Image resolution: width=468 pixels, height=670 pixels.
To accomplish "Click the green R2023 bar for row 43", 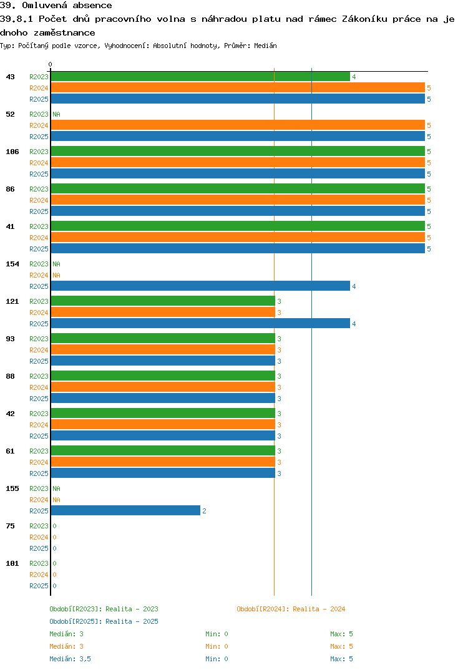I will point(200,77).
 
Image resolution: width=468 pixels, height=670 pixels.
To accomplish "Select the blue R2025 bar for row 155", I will point(125,511).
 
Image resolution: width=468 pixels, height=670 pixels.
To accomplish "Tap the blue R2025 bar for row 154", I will point(200,286).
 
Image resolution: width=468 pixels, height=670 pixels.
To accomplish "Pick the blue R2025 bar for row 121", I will point(200,324).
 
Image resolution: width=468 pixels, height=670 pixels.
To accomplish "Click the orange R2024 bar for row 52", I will point(237,125).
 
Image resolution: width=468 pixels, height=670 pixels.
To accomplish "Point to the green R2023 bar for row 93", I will point(162,339).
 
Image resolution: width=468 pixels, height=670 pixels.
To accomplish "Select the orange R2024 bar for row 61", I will point(162,462).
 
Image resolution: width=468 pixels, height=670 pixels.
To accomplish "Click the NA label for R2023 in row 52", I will point(56,114).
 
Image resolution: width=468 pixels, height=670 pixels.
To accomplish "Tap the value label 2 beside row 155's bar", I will point(204,511).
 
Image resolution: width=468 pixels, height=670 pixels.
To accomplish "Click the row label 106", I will point(12,152).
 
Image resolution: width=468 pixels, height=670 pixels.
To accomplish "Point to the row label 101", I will point(12,563).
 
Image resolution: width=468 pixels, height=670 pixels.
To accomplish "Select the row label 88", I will point(11,376).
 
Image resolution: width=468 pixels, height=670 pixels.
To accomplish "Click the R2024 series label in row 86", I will point(39,200).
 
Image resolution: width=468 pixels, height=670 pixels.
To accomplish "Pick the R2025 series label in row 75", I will point(39,548).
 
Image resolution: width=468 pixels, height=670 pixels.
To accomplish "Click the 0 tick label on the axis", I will point(51,64).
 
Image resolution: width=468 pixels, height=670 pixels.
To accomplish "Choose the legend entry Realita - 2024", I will point(291,609).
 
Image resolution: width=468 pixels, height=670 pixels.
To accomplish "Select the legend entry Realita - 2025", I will point(104,621).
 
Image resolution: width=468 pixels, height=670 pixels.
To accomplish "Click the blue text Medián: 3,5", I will point(71,659).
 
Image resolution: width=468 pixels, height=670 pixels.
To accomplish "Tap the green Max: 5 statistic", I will point(341,634).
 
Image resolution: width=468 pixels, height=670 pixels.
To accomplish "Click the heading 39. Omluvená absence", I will point(56,6).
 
